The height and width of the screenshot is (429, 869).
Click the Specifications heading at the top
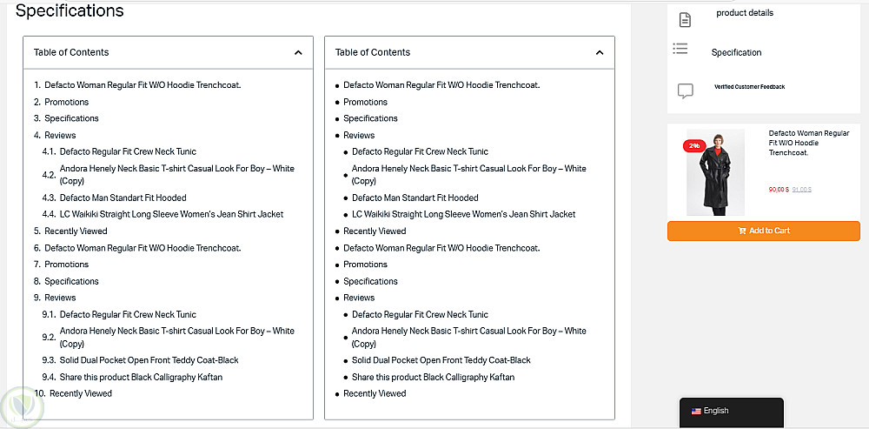[70, 11]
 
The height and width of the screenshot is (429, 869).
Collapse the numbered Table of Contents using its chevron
[298, 52]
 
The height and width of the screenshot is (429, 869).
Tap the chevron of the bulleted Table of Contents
[600, 52]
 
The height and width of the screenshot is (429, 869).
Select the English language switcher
[715, 411]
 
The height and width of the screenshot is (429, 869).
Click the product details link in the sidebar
[744, 13]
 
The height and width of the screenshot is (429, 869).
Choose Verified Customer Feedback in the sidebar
[749, 87]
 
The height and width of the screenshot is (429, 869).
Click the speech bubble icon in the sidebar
[685, 90]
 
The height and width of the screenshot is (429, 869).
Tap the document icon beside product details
[685, 19]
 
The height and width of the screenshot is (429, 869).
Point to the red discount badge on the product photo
[694, 145]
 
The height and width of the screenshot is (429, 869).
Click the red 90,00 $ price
[779, 189]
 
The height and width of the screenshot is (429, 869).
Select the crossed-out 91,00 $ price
[801, 189]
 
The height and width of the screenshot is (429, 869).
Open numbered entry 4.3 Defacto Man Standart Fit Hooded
[123, 198]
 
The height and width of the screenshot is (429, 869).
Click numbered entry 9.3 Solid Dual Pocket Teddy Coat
[149, 360]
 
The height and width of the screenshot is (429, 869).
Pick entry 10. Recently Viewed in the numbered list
[80, 393]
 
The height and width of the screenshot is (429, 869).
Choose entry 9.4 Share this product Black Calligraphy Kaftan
[141, 377]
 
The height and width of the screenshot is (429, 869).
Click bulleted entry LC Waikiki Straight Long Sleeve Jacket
[463, 214]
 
